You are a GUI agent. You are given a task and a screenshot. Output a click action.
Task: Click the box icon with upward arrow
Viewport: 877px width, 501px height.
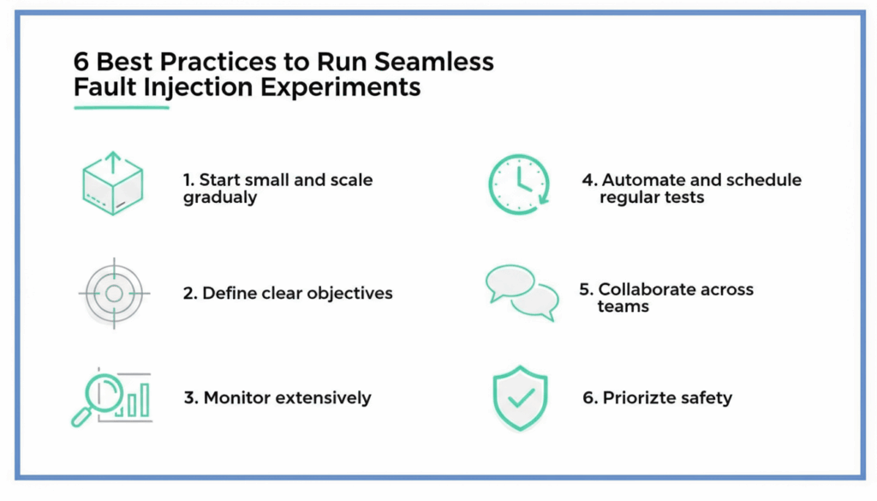(112, 183)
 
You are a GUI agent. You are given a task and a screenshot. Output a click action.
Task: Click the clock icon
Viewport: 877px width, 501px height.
(518, 184)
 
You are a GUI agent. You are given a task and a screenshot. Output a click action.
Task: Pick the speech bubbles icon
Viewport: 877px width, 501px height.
(522, 292)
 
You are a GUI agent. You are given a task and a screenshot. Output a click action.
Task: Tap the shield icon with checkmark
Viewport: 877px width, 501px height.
(519, 398)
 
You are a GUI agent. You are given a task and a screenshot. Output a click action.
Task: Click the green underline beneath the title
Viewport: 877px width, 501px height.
(122, 107)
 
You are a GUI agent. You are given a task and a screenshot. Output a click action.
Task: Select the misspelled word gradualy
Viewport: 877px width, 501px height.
(219, 197)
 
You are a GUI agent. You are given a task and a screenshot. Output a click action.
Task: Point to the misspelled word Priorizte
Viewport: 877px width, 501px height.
(637, 398)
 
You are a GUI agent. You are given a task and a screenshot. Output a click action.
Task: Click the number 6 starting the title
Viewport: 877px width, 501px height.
(82, 63)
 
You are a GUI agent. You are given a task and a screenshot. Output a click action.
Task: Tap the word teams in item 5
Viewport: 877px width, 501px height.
(623, 307)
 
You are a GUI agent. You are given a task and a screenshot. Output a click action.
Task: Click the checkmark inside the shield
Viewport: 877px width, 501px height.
(520, 397)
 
